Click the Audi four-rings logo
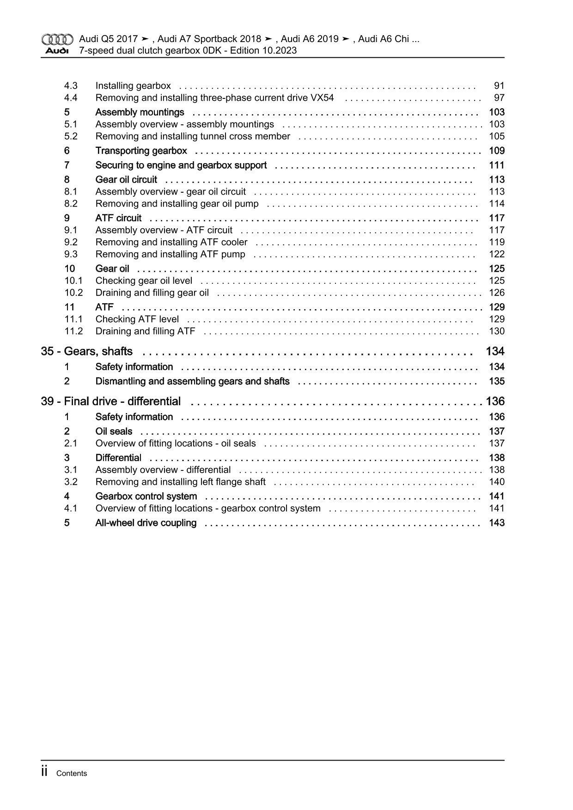pyautogui.click(x=57, y=39)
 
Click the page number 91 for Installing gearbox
pyautogui.click(x=499, y=85)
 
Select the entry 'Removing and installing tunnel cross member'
pyautogui.click(x=193, y=136)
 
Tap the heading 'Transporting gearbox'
pyautogui.click(x=141, y=151)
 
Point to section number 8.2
pyautogui.click(x=71, y=204)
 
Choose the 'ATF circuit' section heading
pyautogui.click(x=118, y=218)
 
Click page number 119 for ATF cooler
pyautogui.click(x=497, y=242)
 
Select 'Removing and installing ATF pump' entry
pyautogui.click(x=170, y=254)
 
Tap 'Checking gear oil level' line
pyautogui.click(x=144, y=280)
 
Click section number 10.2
pyautogui.click(x=73, y=292)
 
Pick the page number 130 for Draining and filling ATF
pyautogui.click(x=497, y=331)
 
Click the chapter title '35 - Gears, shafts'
pyautogui.click(x=87, y=352)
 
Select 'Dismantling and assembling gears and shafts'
pyautogui.click(x=192, y=381)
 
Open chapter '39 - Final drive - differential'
pyautogui.click(x=111, y=402)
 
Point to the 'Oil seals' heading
pyautogui.click(x=114, y=432)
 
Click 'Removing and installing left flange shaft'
pyautogui.click(x=180, y=482)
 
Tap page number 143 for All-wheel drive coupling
pyautogui.click(x=497, y=523)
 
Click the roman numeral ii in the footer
pyautogui.click(x=45, y=772)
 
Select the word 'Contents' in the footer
pyautogui.click(x=71, y=773)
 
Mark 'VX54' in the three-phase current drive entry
pyautogui.click(x=322, y=97)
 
